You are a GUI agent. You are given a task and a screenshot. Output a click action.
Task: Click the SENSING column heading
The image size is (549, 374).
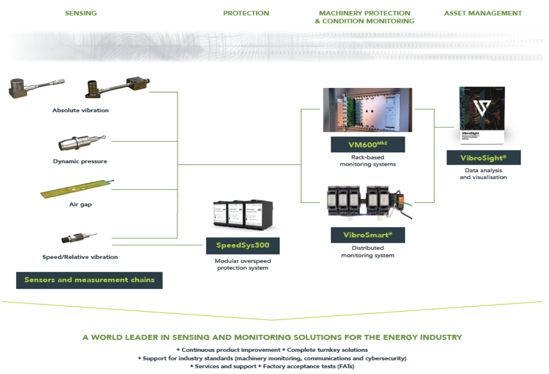pos(81,13)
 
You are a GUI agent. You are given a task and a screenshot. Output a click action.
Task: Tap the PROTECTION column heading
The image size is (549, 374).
pos(246,13)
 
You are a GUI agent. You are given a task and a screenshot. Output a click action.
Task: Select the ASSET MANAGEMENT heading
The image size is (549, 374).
pos(483,13)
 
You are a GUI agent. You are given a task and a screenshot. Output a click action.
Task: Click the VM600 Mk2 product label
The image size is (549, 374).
pos(367,144)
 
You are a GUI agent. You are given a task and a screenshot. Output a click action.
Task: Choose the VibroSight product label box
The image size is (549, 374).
pos(483,158)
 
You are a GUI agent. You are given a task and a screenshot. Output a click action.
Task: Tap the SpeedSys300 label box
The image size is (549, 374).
pos(243,245)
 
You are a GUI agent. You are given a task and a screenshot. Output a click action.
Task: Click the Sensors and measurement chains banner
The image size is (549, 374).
pos(89,280)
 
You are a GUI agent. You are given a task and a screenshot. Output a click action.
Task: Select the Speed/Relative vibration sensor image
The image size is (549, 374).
pos(79,238)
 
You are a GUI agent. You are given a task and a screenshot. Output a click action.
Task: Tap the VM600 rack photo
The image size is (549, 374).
pos(367,110)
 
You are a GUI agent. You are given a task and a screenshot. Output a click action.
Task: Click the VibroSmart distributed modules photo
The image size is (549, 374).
pos(367,202)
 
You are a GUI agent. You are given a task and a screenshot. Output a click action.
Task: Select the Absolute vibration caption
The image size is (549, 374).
pos(80,110)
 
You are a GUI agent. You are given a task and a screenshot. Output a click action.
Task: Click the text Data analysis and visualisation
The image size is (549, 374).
pos(483,174)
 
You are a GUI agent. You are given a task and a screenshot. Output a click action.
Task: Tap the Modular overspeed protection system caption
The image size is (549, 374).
pos(243,264)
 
